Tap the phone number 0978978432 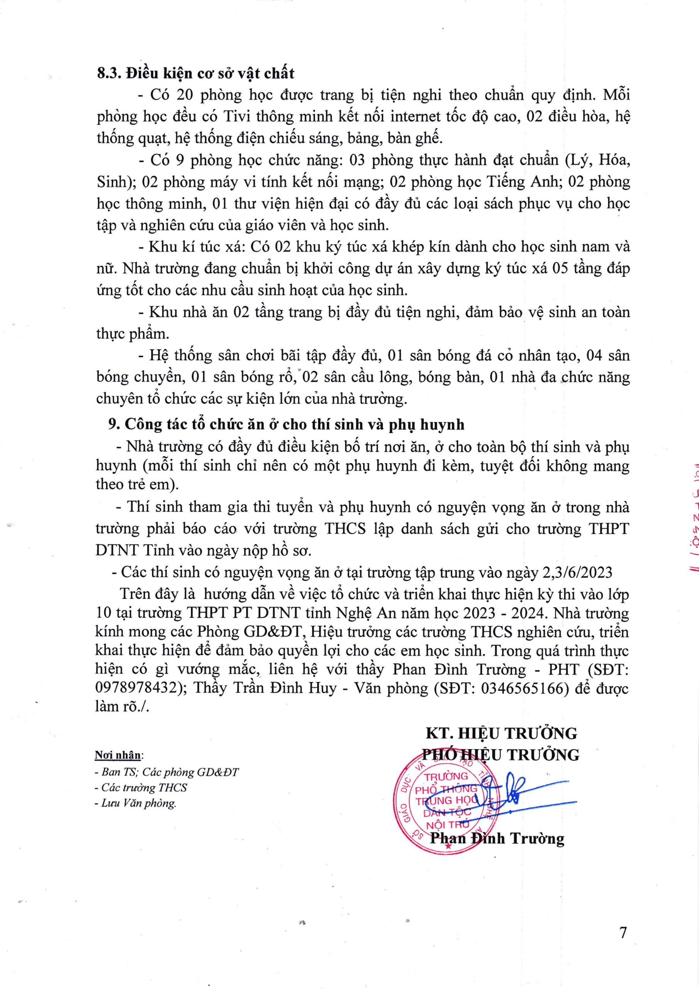[137, 688]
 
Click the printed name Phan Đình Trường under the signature [497, 839]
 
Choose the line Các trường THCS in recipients [143, 787]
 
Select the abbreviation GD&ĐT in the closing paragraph [269, 632]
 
